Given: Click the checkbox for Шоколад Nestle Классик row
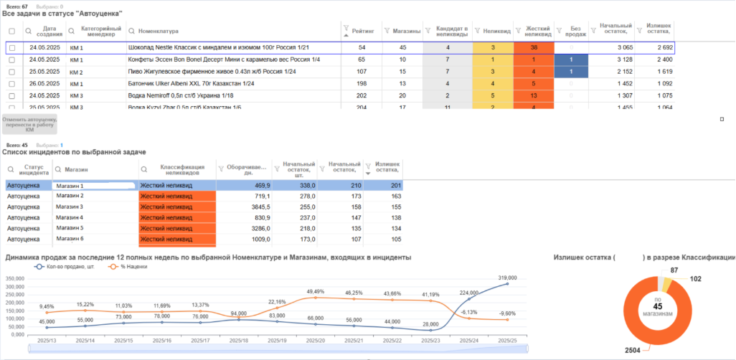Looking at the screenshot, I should (11, 47).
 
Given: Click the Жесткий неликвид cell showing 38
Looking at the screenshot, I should (534, 47).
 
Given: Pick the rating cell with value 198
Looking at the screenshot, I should (362, 84).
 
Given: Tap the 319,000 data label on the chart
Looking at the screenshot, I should (508, 277).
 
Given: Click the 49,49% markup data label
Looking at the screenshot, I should (316, 292).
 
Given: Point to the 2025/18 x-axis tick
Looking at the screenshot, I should (239, 341).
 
